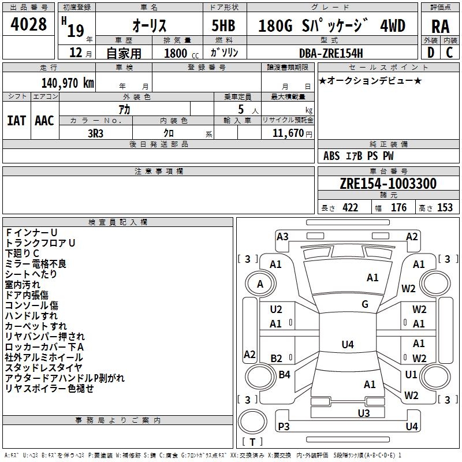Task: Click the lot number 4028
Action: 28,24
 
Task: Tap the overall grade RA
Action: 440,27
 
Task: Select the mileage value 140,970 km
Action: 68,83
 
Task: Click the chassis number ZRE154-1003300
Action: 388,183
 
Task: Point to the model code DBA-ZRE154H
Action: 331,53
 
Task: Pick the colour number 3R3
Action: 95,133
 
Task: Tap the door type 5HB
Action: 223,25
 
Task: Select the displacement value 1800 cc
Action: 181,53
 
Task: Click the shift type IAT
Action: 16,121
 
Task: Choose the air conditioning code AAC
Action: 44,121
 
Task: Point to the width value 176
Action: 398,207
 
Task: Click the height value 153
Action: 445,207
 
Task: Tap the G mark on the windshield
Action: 365,304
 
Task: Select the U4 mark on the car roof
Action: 348,344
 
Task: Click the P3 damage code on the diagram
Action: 284,426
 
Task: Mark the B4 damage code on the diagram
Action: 284,375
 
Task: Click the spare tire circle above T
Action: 252,421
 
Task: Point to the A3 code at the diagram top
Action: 282,237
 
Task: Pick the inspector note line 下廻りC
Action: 22,254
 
